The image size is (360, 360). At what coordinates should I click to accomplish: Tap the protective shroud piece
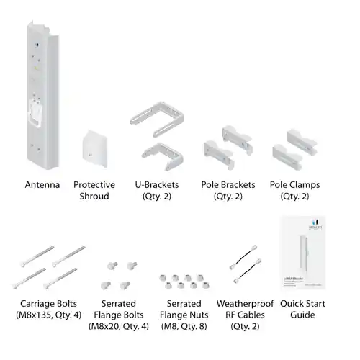pyautogui.click(x=94, y=148)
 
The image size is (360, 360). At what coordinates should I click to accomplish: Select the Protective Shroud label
pyautogui.click(x=94, y=190)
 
